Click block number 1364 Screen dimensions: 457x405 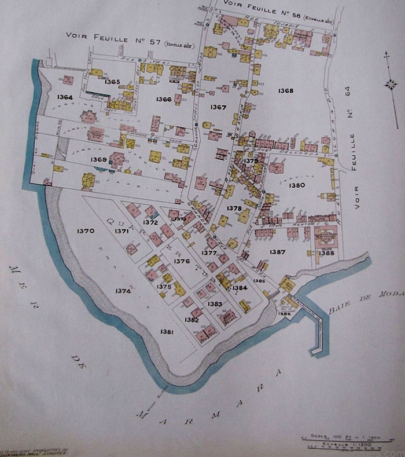65,97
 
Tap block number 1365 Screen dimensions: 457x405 112,82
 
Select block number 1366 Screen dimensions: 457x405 164,99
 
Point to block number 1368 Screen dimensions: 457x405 285,91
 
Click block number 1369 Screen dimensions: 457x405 98,159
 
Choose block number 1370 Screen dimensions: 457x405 85,231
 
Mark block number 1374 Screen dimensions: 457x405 123,291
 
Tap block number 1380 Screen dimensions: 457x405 297,185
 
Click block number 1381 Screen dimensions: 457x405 167,331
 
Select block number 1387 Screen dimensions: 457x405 278,252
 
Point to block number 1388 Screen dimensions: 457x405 326,253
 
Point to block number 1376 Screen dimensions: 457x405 182,261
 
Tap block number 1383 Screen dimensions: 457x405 215,304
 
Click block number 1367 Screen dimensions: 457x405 218,107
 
